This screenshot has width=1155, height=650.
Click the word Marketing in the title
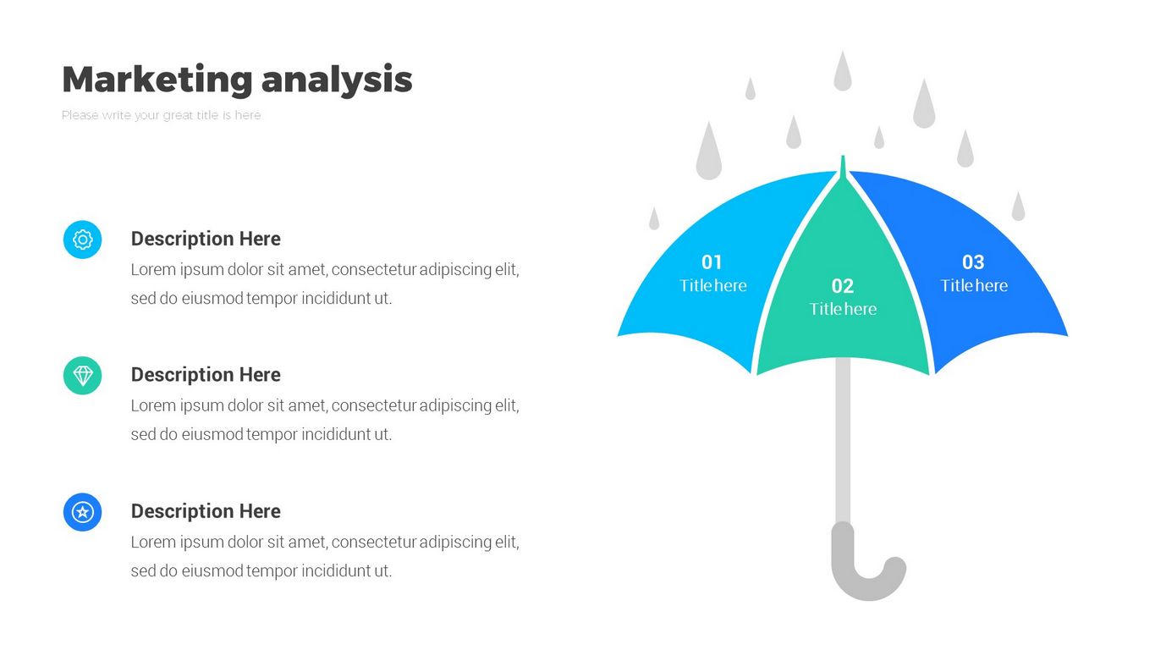tap(157, 80)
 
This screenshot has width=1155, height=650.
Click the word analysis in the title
tap(337, 80)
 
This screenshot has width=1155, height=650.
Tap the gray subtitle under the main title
tap(161, 115)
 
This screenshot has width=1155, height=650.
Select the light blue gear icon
tap(83, 240)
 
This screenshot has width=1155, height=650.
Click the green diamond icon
tap(83, 376)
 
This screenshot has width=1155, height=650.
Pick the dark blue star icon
tap(83, 512)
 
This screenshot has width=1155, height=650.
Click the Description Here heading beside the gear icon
tap(206, 239)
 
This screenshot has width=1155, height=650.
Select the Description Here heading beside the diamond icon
tap(206, 375)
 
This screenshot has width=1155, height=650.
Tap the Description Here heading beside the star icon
tap(206, 511)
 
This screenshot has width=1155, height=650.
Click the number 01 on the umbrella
tap(712, 262)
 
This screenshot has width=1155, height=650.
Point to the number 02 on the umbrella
tap(843, 286)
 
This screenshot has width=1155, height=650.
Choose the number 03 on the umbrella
tap(973, 262)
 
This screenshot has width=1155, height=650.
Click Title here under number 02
tap(843, 309)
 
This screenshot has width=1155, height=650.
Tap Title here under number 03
tap(974, 285)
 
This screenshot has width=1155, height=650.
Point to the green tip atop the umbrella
tap(843, 168)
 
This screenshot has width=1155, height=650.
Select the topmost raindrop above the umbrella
tap(843, 72)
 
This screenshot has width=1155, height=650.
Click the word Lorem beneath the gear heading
tap(153, 269)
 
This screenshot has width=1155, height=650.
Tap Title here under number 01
tap(713, 285)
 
